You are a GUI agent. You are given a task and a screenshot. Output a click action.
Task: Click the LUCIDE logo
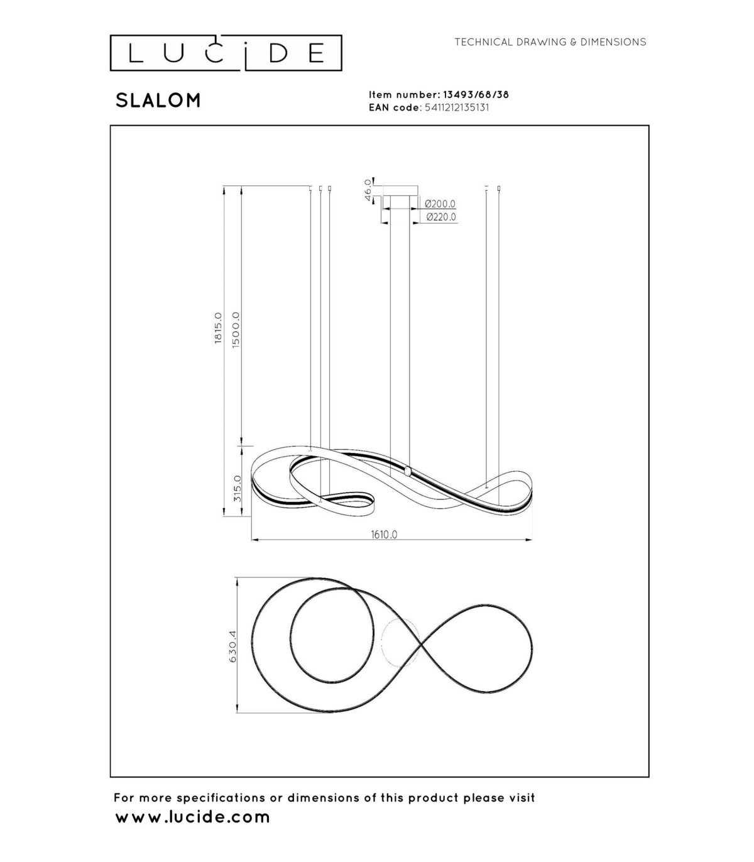click(226, 53)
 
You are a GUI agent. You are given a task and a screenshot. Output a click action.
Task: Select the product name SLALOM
click(158, 101)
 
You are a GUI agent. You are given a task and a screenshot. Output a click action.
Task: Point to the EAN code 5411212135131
click(457, 107)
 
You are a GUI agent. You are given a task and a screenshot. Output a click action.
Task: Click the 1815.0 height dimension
click(218, 328)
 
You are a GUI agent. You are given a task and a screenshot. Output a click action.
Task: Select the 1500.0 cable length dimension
click(236, 329)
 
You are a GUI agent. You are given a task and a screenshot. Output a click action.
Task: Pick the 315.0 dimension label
click(238, 488)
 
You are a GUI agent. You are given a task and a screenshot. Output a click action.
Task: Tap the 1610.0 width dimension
click(384, 534)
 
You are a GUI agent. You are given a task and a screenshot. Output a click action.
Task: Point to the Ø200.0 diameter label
click(440, 204)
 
